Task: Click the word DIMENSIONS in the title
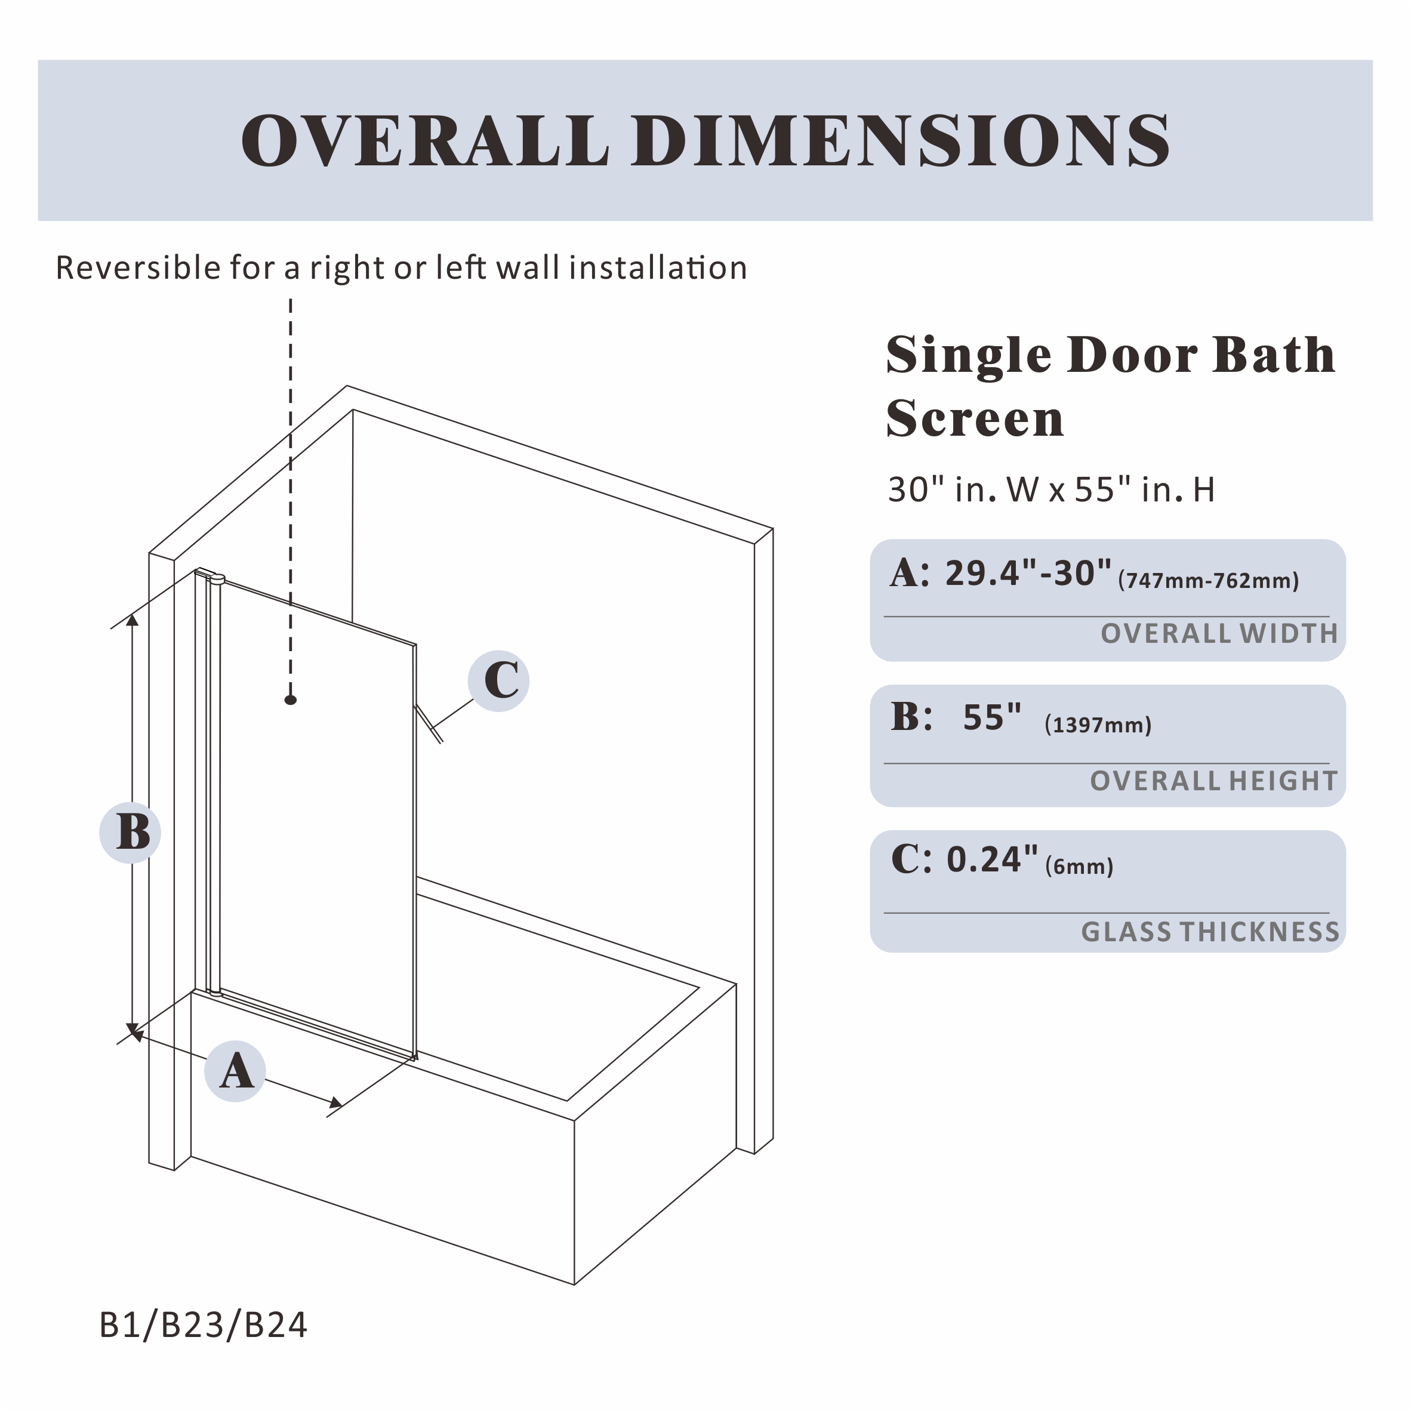click(901, 140)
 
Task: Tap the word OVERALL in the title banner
click(424, 140)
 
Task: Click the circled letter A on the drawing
click(235, 1071)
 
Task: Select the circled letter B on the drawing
click(131, 833)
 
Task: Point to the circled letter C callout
click(499, 680)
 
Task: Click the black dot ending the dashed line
click(291, 700)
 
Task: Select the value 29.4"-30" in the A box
click(1028, 574)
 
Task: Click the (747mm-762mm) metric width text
click(1209, 581)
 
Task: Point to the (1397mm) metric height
click(1098, 725)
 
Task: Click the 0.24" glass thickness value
click(992, 860)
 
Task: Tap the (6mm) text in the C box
click(1079, 867)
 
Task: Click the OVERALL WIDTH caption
click(1219, 634)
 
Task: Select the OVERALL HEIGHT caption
click(1213, 781)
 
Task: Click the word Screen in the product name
click(975, 418)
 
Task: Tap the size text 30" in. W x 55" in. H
click(1050, 490)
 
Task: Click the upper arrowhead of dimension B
click(132, 620)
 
